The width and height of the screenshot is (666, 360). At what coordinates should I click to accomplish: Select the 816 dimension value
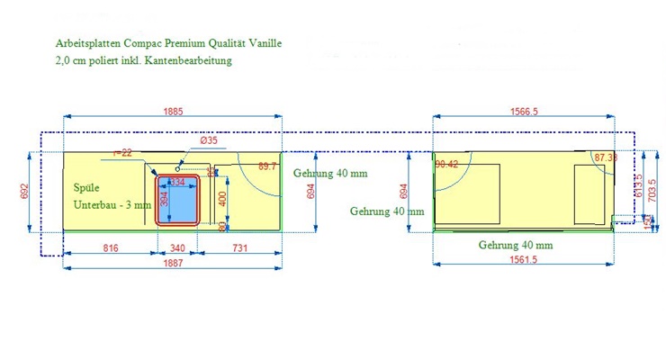pyautogui.click(x=112, y=247)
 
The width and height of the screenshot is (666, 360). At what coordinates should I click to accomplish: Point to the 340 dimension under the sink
pyautogui.click(x=177, y=247)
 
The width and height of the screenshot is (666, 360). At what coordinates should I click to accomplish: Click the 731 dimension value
pyautogui.click(x=241, y=247)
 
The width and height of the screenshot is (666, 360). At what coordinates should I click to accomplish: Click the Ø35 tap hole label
pyautogui.click(x=209, y=141)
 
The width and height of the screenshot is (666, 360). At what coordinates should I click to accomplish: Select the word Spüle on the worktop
pyautogui.click(x=86, y=187)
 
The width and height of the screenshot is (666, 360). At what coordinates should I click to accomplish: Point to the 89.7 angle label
pyautogui.click(x=267, y=166)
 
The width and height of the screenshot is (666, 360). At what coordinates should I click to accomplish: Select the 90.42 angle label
pyautogui.click(x=446, y=164)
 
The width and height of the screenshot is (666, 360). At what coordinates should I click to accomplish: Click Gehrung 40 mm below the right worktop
pyautogui.click(x=516, y=245)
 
